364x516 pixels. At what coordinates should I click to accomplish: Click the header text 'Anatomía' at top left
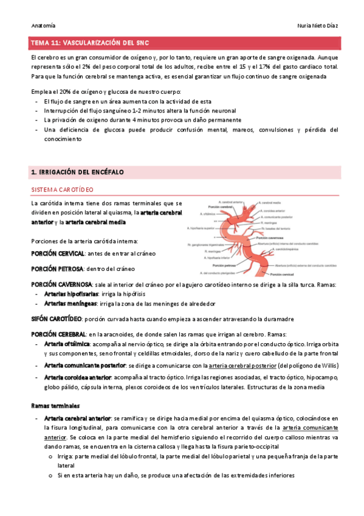(43, 26)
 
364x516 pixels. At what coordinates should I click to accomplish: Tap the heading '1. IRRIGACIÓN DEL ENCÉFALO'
(77, 173)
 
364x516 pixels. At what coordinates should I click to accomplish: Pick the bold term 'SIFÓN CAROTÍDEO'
(56, 318)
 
